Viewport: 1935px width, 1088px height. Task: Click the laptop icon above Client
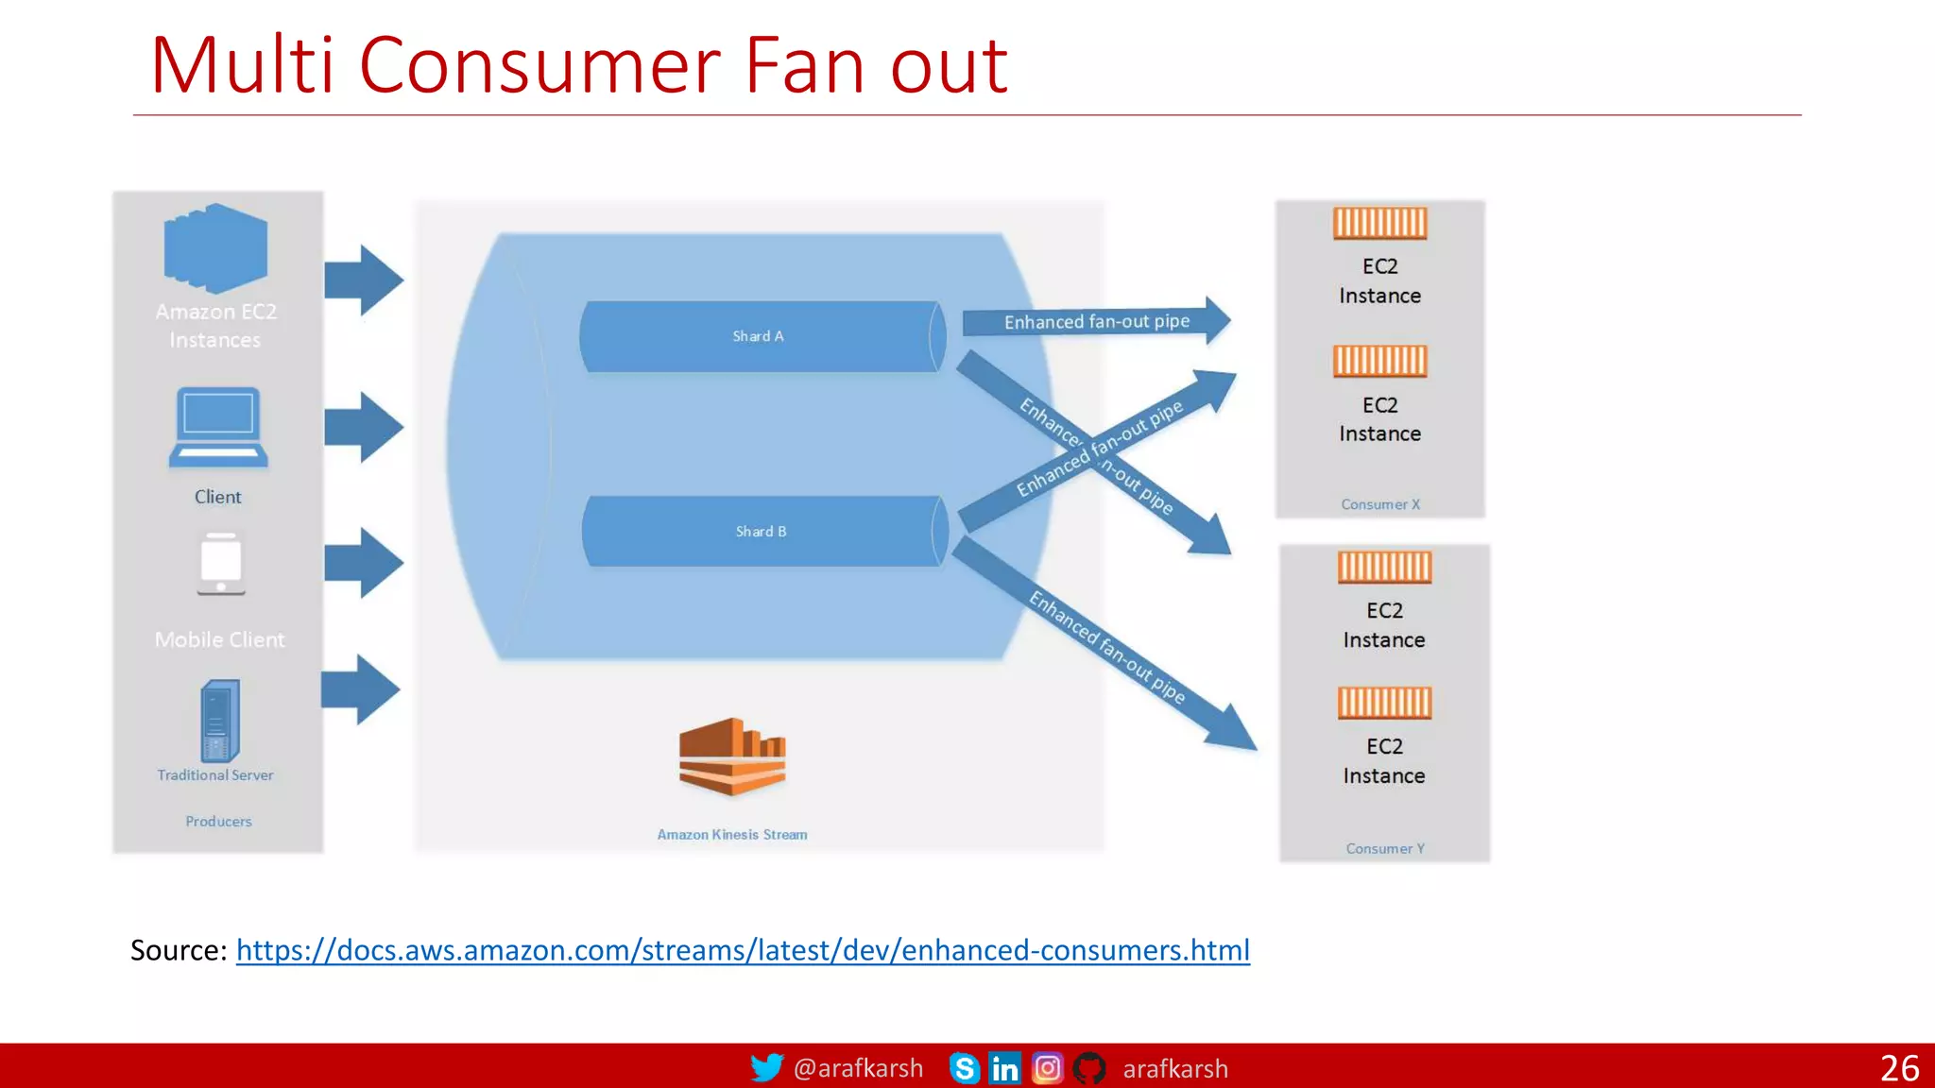click(218, 428)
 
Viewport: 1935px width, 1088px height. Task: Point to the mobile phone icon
click(221, 564)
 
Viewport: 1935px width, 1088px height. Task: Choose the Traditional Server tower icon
click(219, 721)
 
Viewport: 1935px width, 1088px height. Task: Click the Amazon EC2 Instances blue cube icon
click(215, 248)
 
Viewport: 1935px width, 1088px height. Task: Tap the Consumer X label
click(1380, 504)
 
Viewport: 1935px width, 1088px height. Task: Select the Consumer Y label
click(1385, 848)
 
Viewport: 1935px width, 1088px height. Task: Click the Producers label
click(218, 822)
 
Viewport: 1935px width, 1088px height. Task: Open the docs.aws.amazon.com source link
click(743, 950)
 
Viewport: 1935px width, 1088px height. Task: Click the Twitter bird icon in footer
click(766, 1068)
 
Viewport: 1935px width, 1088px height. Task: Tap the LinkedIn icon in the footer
click(1004, 1068)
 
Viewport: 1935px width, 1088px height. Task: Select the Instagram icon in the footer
click(1047, 1068)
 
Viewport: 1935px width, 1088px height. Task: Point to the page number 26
click(1899, 1068)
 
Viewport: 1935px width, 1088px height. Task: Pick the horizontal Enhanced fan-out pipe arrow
click(1096, 321)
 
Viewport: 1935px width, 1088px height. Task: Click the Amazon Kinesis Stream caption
click(732, 835)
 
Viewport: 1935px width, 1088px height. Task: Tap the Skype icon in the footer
click(964, 1068)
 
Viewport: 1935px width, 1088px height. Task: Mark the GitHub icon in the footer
click(1089, 1068)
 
